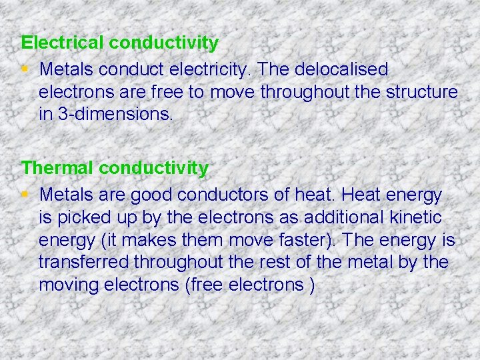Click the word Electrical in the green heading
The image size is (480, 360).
tap(63, 43)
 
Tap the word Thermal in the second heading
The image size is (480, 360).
tap(58, 168)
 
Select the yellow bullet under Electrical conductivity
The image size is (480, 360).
tap(24, 69)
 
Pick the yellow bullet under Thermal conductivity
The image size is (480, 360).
tap(24, 194)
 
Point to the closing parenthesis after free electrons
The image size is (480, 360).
tap(312, 286)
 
